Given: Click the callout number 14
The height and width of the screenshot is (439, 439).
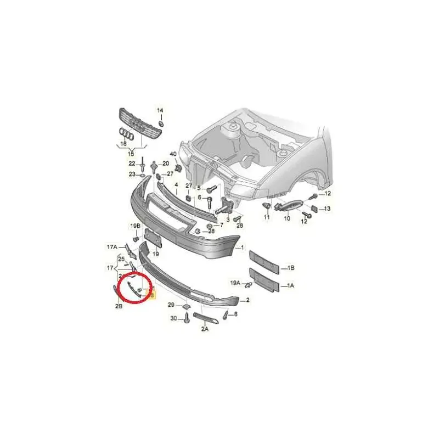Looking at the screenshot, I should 160,110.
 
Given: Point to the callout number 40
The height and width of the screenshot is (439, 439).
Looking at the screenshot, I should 173,154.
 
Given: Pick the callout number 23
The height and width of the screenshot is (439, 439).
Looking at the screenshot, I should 132,174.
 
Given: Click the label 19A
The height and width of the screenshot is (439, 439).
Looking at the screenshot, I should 235,283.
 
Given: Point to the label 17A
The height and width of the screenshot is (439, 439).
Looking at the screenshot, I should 112,247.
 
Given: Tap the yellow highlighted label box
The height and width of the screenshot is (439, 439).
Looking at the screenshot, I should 153,295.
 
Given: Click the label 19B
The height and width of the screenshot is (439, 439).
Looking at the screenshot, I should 136,226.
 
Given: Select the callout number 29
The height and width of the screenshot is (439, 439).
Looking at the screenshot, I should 171,305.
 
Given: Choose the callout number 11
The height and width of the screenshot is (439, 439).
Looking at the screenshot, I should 267,218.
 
